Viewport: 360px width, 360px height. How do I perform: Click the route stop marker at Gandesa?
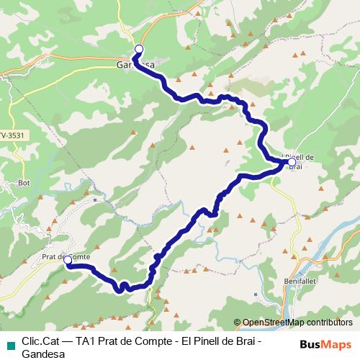coord(139,49)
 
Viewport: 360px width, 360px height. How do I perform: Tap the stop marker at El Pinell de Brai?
coord(292,163)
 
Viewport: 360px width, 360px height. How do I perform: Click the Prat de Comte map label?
coord(66,256)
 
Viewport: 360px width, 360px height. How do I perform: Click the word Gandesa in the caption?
coord(44,354)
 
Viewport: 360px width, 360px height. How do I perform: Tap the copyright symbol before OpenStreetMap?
coord(238,322)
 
